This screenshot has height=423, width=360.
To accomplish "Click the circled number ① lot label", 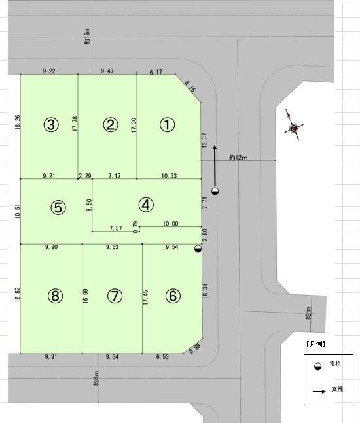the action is tap(167, 125).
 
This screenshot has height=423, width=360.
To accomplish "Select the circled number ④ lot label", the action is tap(146, 205).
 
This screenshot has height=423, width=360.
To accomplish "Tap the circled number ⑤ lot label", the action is tap(58, 207).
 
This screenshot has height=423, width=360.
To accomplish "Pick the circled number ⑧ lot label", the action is tap(56, 296).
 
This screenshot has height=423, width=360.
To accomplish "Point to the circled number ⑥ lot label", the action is tap(173, 296).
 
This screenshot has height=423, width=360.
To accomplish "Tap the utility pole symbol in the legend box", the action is tap(318, 366).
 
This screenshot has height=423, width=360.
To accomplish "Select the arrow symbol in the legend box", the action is tap(319, 391).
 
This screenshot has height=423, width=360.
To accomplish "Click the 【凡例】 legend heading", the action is tap(315, 345).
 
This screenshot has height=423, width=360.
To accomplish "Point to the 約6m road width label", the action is tap(308, 313).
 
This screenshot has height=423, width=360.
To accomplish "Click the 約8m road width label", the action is tap(96, 378).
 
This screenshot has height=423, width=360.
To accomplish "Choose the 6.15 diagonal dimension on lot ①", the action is tap(190, 86).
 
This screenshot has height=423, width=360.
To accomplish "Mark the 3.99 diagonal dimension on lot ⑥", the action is tap(195, 348).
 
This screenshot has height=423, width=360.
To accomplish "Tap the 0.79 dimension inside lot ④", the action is tap(135, 227).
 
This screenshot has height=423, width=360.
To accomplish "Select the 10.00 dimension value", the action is tap(170, 224).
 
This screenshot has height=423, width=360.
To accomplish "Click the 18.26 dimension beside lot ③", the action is tap(18, 122).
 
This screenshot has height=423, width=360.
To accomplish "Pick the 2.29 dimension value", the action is tap(85, 176).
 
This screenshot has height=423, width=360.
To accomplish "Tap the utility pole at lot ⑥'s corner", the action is tap(198, 248).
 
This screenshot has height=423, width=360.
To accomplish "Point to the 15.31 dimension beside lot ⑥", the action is tap(206, 290).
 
